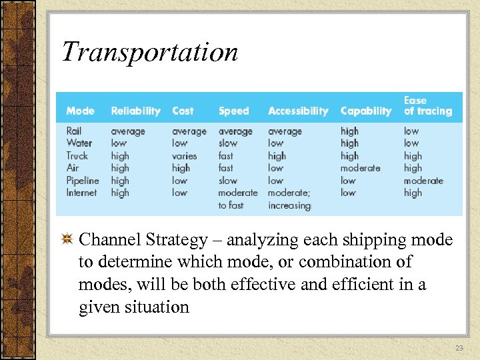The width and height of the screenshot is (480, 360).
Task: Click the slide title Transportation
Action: [149, 51]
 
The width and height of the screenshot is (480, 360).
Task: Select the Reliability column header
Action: [135, 111]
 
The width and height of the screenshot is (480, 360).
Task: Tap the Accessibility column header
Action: [298, 111]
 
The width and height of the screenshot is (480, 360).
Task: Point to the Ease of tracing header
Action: [427, 106]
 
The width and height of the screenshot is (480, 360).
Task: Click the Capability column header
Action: [365, 111]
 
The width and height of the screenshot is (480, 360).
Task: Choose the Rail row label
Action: [74, 131]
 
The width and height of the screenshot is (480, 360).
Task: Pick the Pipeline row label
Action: [82, 181]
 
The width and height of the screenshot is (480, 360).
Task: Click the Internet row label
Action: [81, 193]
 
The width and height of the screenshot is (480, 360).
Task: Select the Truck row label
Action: [77, 156]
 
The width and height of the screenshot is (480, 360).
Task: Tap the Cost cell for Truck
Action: [185, 156]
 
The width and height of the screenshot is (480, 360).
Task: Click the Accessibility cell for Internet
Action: [289, 199]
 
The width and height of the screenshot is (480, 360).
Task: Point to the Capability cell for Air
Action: [360, 168]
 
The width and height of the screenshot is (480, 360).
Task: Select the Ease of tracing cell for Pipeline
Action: [423, 181]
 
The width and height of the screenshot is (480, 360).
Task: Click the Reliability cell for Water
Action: [118, 143]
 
